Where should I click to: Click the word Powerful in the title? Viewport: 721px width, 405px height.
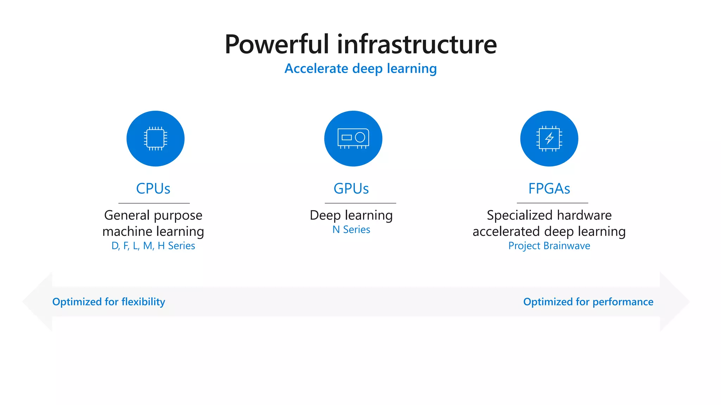(277, 44)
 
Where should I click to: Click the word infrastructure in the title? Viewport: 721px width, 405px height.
(417, 44)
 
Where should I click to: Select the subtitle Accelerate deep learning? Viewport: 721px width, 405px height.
(360, 69)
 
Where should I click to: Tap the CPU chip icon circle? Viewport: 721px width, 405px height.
(155, 139)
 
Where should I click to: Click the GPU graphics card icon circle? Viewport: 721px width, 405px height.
(353, 139)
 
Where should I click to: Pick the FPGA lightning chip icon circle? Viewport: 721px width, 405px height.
(549, 139)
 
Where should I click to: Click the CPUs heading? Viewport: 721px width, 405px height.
(153, 189)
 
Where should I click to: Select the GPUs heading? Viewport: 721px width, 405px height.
(351, 189)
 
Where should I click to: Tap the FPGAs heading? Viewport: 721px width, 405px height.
(549, 189)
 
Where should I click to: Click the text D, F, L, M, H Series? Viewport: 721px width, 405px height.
(153, 246)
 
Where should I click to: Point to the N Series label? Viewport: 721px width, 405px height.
(351, 230)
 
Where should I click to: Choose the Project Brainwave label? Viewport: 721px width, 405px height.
(549, 246)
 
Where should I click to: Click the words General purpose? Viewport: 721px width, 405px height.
(153, 215)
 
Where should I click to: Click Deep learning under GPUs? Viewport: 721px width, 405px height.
(351, 215)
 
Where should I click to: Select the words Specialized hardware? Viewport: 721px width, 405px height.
(549, 215)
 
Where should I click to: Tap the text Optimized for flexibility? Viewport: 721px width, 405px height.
(108, 302)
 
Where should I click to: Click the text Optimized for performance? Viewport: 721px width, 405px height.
(588, 302)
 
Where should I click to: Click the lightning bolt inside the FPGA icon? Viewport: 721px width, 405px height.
(549, 138)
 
